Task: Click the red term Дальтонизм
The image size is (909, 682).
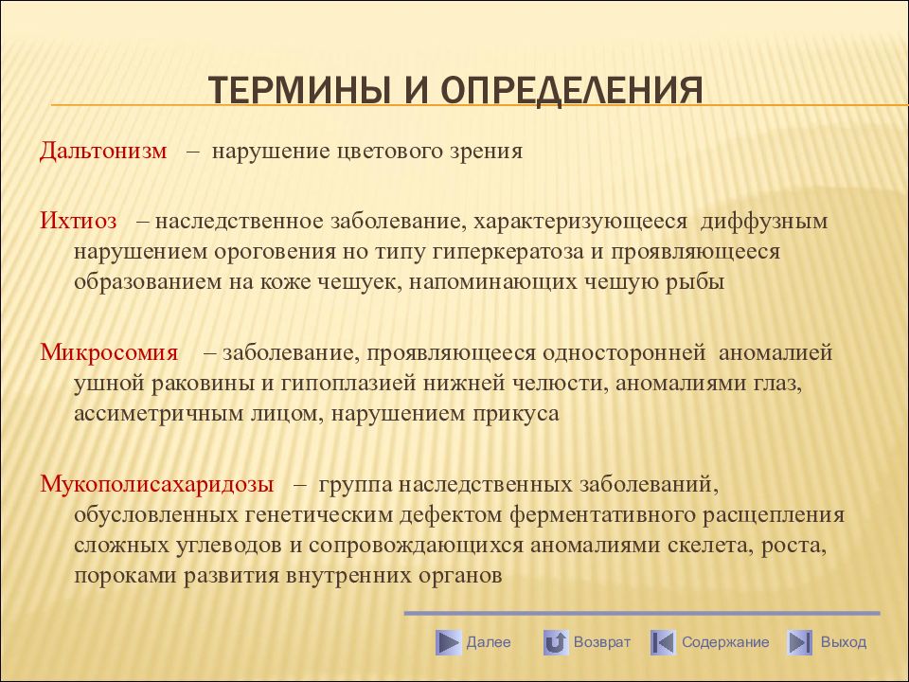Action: [x=103, y=151]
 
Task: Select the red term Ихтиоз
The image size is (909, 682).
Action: [x=79, y=221]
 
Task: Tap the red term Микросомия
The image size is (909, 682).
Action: [x=109, y=352]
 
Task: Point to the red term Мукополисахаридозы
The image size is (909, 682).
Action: [x=157, y=485]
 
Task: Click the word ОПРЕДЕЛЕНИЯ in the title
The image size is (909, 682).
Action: [x=572, y=91]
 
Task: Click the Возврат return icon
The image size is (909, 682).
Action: [x=556, y=642]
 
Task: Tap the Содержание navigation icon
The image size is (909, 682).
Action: [x=663, y=642]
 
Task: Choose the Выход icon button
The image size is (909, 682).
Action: [x=799, y=642]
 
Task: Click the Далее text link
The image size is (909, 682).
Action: [x=489, y=642]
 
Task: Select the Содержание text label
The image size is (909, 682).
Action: [x=725, y=642]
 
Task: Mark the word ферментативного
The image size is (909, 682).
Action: [x=602, y=515]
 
